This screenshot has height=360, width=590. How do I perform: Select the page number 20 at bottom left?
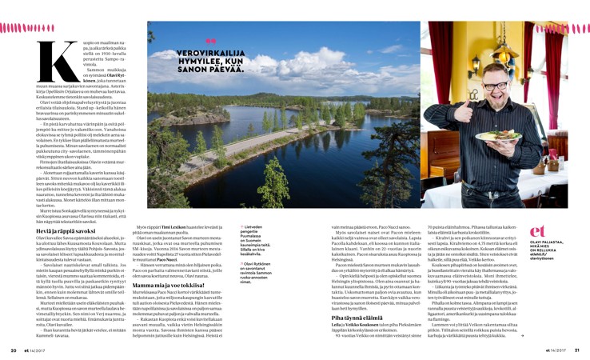coord(14,350)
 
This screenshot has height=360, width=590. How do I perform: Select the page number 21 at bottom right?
coord(576,350)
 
